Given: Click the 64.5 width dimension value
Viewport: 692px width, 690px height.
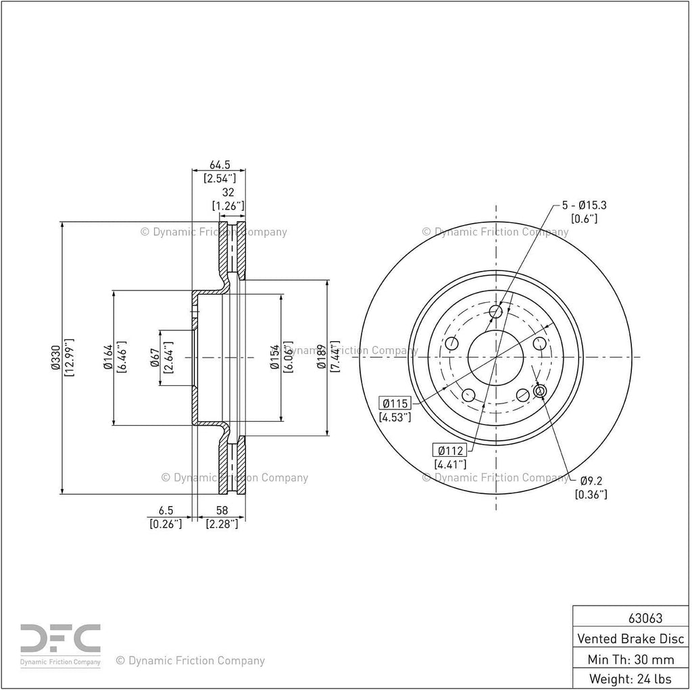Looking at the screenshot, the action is click(220, 165).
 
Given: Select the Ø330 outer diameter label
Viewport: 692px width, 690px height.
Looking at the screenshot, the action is click(56, 357).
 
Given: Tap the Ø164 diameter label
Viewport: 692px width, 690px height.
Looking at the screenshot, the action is click(109, 357).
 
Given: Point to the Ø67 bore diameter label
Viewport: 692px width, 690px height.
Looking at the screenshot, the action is click(155, 358).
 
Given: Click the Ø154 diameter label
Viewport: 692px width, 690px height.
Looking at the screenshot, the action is click(276, 357).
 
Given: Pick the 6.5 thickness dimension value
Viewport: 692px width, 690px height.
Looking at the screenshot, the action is click(166, 510).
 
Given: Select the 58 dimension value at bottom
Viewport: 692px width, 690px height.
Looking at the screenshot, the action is click(222, 510).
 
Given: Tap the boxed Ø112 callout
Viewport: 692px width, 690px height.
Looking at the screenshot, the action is click(449, 450).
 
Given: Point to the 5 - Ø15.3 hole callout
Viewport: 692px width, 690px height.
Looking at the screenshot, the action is click(584, 205).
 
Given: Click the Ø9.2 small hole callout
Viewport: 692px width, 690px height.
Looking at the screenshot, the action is click(591, 480).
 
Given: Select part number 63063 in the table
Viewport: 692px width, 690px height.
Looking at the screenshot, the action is click(645, 618).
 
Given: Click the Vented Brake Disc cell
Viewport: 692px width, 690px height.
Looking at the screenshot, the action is click(631, 639).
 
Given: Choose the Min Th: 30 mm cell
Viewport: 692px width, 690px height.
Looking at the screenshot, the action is click(631, 659).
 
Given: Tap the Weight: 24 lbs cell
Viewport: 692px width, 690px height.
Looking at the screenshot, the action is click(631, 679).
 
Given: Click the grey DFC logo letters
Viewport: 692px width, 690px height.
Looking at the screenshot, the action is click(60, 639).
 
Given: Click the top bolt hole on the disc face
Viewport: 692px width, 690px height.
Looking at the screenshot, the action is click(497, 312).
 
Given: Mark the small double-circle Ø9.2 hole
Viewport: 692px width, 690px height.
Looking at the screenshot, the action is click(540, 391).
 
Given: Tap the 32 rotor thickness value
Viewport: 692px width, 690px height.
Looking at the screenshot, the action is click(228, 193).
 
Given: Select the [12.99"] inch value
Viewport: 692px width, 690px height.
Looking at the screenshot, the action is click(70, 357).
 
